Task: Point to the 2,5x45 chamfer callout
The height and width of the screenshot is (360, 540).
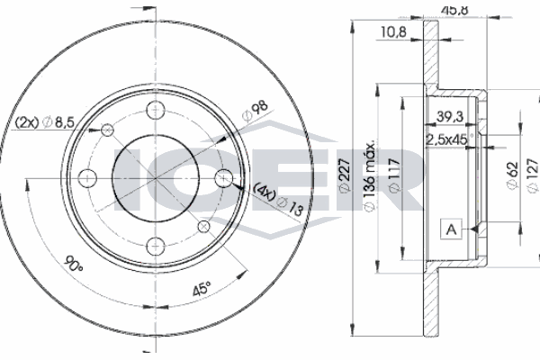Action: pos(445,139)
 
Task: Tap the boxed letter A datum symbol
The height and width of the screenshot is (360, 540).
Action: pos(448,229)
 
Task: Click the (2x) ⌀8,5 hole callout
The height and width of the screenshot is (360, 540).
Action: pos(44,124)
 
